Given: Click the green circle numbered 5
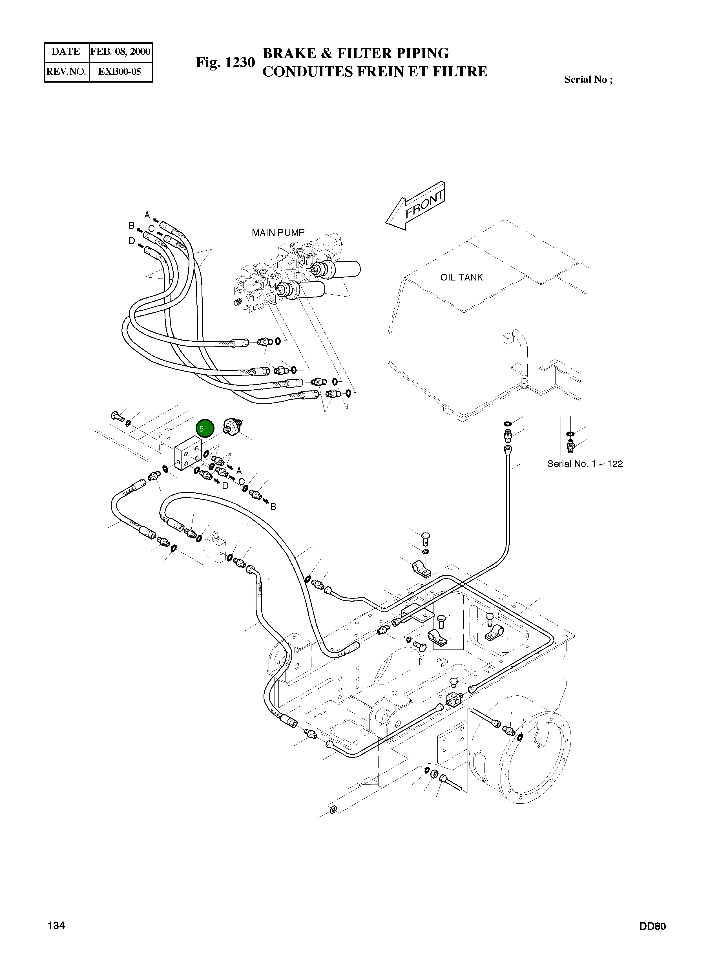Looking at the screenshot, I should [205, 428].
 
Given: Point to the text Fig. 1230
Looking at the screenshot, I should [225, 63].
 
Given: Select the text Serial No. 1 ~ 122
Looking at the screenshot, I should [585, 464].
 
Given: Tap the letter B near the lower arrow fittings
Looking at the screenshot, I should [273, 507].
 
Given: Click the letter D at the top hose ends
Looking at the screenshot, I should [132, 241].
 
